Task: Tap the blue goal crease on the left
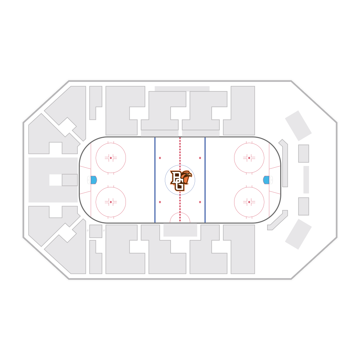click(94, 180)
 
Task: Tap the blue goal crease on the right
click(266, 180)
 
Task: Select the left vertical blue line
click(155, 180)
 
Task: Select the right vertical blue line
click(205, 180)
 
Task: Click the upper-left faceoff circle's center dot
click(111, 158)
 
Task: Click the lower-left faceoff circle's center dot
click(111, 202)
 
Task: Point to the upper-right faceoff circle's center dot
click(249, 158)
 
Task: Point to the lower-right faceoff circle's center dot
click(249, 202)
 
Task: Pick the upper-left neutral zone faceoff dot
click(160, 158)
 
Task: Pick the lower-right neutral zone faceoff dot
click(200, 202)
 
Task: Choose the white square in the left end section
click(56, 180)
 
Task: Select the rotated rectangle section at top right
click(298, 126)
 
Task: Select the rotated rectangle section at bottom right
click(298, 234)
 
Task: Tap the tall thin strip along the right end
click(306, 180)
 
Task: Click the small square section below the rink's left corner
click(96, 231)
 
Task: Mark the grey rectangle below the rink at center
click(180, 230)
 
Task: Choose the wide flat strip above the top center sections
click(182, 89)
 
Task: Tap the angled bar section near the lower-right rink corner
click(278, 220)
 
